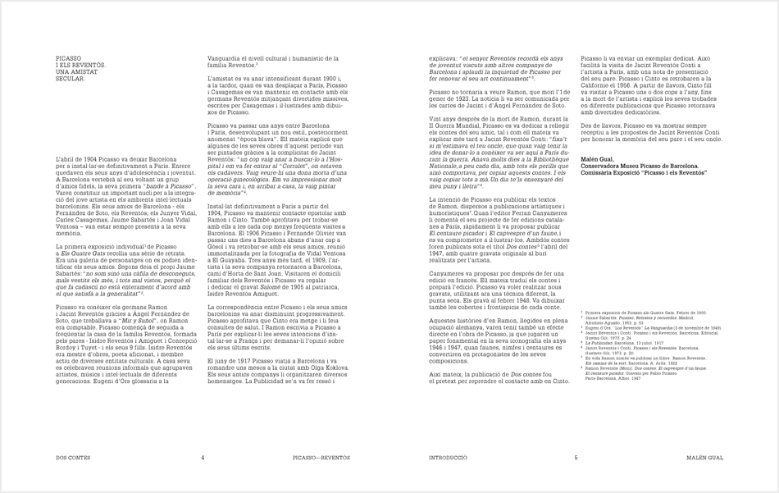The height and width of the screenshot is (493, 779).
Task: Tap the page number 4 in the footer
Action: pos(203,458)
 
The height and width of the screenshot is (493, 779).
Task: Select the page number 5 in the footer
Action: pos(576,458)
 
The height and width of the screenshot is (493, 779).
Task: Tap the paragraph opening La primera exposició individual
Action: pos(90,246)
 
